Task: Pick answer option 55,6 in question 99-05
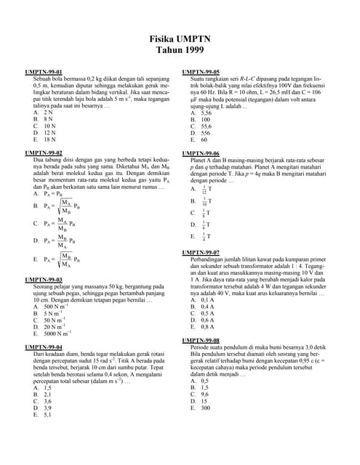tap(206, 126)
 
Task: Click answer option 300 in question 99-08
tap(205, 408)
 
